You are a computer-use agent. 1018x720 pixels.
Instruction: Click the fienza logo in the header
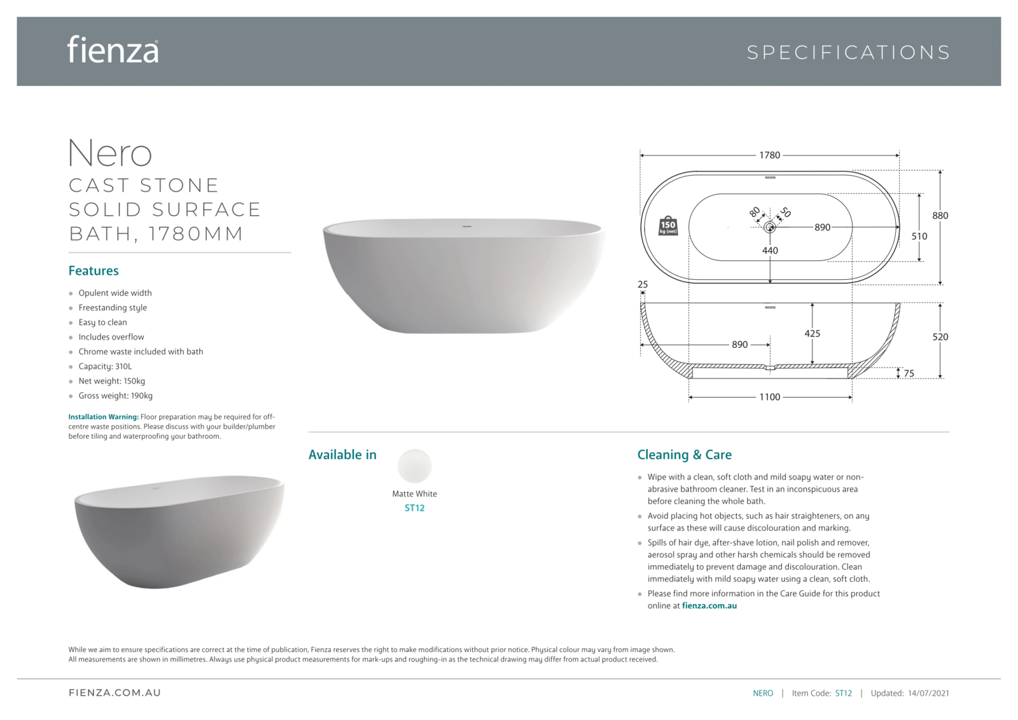click(x=113, y=50)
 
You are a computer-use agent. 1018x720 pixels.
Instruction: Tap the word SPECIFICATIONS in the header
click(x=848, y=52)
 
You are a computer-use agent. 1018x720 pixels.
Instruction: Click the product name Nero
click(x=110, y=153)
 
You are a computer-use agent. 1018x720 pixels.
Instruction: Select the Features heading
click(x=94, y=271)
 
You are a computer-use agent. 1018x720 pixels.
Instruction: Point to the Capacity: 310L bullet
click(x=105, y=366)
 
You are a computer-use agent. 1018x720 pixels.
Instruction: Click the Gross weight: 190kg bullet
click(x=115, y=396)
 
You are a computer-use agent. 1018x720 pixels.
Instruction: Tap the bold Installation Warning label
click(x=103, y=417)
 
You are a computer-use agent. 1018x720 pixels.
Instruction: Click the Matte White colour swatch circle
click(x=414, y=466)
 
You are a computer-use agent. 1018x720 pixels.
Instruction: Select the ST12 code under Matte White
click(x=414, y=508)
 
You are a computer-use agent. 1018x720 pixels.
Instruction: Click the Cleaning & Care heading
click(x=684, y=455)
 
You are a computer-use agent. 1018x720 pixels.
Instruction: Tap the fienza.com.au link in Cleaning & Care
click(x=709, y=606)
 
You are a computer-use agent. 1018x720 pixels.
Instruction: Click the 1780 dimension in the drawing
click(x=769, y=155)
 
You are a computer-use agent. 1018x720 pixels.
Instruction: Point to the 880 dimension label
click(x=940, y=216)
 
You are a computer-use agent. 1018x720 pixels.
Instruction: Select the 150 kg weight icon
click(x=667, y=226)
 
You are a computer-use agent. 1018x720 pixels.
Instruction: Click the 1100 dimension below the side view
click(x=769, y=398)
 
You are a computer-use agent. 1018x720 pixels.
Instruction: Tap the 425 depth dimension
click(x=812, y=333)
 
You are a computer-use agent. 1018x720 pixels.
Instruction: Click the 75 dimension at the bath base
click(x=909, y=374)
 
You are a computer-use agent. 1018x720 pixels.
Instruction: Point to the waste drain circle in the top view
click(x=769, y=227)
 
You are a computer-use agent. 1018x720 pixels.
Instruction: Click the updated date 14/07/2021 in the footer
click(x=928, y=693)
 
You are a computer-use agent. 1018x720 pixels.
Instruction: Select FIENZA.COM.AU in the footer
click(x=115, y=693)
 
